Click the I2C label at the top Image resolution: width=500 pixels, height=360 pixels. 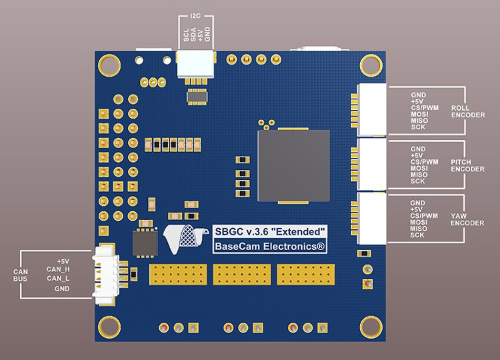click(x=195, y=15)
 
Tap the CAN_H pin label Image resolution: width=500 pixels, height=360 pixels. click(x=59, y=269)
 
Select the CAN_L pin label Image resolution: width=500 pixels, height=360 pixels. click(x=59, y=278)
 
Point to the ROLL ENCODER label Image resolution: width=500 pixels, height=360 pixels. click(x=467, y=111)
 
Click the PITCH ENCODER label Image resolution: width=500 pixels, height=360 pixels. click(x=467, y=165)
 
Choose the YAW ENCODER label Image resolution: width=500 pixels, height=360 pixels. click(x=467, y=219)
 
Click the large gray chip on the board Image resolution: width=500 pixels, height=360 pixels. click(x=294, y=167)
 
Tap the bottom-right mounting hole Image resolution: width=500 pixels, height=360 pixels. click(x=369, y=327)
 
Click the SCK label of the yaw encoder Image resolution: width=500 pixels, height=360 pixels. click(x=418, y=235)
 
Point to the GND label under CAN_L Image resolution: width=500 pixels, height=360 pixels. click(x=62, y=289)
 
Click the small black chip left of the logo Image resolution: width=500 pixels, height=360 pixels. click(x=145, y=242)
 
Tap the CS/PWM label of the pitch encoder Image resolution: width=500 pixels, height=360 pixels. click(x=425, y=161)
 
